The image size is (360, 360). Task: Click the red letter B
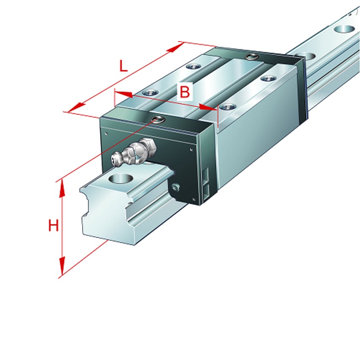point(184,91)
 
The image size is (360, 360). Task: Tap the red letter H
point(53,226)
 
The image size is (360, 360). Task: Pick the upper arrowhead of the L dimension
point(175,47)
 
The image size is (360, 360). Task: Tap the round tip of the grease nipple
point(115,159)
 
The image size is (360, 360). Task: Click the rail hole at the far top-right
point(345,30)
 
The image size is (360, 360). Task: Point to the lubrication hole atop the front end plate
point(159,119)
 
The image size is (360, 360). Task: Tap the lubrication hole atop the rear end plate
point(252,56)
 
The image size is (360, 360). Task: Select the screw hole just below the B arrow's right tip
point(228,107)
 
